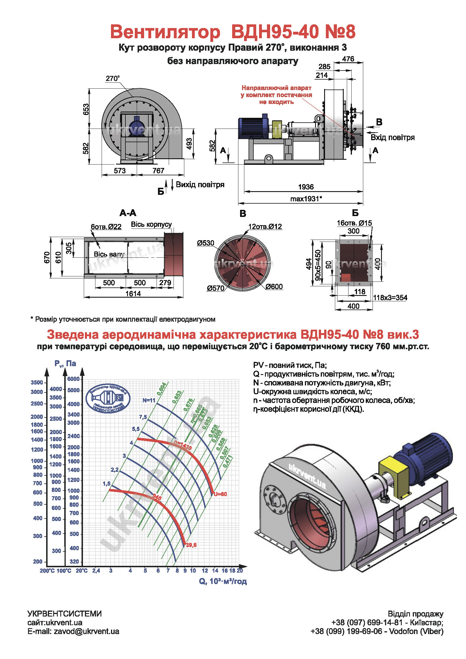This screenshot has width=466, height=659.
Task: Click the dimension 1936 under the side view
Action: (x=306, y=187)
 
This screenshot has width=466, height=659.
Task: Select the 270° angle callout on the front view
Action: (x=112, y=78)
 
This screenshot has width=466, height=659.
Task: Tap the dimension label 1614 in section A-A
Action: (x=133, y=294)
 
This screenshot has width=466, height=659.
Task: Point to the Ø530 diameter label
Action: (x=206, y=243)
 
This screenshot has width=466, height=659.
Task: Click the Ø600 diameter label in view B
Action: (x=274, y=287)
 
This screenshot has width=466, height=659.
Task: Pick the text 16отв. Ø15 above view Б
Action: (x=354, y=223)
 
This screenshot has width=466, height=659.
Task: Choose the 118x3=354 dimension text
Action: (x=390, y=298)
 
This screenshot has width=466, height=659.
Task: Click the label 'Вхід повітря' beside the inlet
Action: (x=393, y=137)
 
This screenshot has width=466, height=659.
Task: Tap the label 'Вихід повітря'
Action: (x=200, y=185)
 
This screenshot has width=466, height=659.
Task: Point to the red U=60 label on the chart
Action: (x=220, y=494)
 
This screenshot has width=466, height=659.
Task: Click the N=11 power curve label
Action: (x=149, y=400)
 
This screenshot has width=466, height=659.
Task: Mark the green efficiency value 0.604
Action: (x=162, y=389)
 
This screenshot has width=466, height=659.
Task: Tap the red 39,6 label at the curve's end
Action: (x=191, y=545)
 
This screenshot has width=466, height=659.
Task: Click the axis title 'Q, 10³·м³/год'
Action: (x=223, y=581)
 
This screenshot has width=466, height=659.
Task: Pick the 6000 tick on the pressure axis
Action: (x=73, y=379)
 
